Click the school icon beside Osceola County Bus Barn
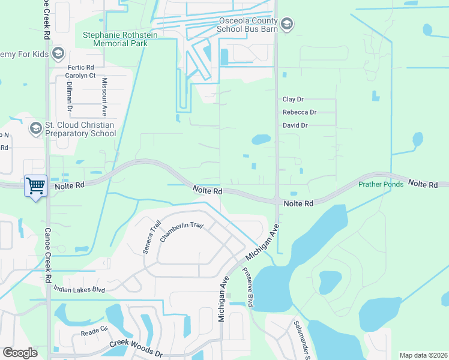(287, 23)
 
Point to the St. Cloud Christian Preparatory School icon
(35, 128)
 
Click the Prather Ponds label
(381, 184)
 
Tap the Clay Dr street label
(293, 99)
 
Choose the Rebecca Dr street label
(299, 112)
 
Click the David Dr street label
(295, 125)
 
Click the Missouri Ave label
(104, 97)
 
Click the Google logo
(20, 353)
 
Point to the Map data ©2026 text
(423, 355)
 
